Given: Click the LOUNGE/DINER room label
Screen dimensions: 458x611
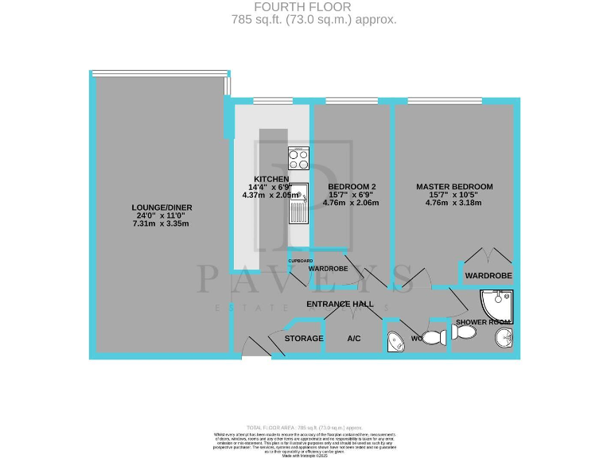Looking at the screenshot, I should click(x=162, y=208).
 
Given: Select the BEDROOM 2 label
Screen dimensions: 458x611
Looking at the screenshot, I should click(x=351, y=187).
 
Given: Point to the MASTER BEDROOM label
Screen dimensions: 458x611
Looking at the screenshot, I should click(x=454, y=187).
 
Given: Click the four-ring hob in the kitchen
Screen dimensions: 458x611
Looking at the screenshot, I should click(x=298, y=157).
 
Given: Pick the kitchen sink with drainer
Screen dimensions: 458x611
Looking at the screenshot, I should click(x=298, y=203).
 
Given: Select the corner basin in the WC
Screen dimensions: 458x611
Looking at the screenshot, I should click(x=395, y=342).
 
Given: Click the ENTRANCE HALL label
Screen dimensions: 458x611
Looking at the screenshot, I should click(x=340, y=304).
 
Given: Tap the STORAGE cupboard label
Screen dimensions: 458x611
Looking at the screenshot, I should click(x=304, y=339).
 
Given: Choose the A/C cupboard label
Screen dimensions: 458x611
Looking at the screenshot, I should click(x=354, y=339).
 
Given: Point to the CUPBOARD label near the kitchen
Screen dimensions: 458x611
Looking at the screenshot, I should click(x=300, y=261).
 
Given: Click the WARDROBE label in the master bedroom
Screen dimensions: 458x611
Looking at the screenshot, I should click(x=488, y=275).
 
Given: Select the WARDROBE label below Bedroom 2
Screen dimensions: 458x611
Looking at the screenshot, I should click(x=328, y=269).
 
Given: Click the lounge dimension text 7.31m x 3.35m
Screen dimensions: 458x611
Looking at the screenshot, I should click(x=162, y=224).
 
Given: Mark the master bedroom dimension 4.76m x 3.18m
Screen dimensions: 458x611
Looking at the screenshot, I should click(x=454, y=203).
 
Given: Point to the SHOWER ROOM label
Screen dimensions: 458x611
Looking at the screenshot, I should click(x=481, y=322).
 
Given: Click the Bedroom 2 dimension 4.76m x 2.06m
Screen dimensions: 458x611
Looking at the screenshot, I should click(x=351, y=203).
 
